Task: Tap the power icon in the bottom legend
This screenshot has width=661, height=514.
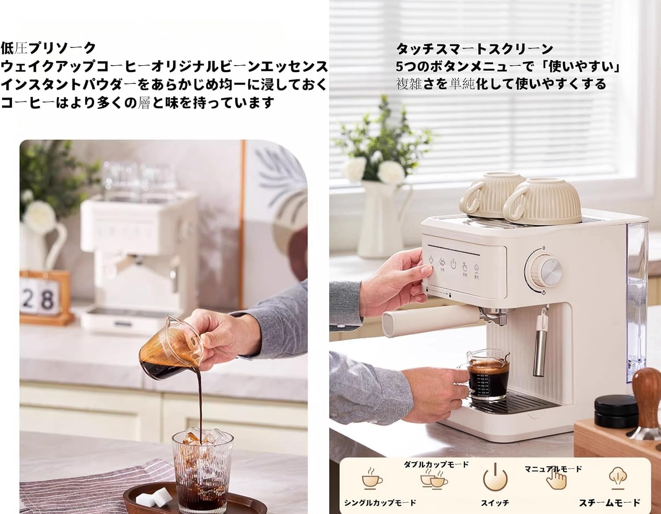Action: click(x=495, y=478)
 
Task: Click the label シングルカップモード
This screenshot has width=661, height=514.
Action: click(x=380, y=503)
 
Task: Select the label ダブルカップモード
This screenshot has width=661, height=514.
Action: click(x=436, y=464)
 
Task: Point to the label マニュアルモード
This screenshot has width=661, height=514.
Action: click(x=553, y=469)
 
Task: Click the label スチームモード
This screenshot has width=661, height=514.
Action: click(x=609, y=502)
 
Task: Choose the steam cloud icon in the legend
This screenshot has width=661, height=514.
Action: click(x=616, y=478)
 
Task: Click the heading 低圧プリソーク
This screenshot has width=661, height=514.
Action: click(x=48, y=48)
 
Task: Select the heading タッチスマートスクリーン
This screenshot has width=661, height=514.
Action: click(x=474, y=48)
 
